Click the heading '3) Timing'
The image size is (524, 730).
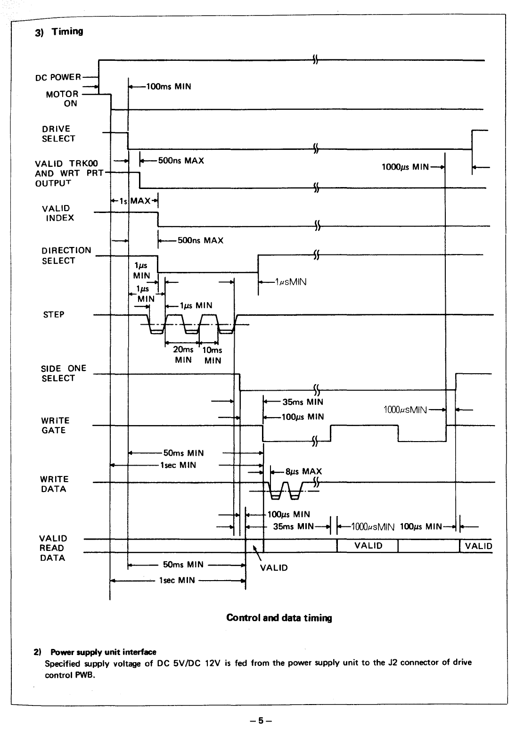tap(59, 32)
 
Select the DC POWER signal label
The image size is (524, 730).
tap(58, 77)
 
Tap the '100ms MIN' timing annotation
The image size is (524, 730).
tap(169, 87)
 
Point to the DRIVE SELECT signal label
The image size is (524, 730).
tap(58, 134)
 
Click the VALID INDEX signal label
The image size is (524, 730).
tap(58, 213)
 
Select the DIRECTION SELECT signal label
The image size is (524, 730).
tap(66, 255)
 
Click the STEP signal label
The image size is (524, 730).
tap(54, 314)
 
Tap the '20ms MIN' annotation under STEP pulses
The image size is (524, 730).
tap(183, 354)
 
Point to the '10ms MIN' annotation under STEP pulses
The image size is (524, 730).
tap(213, 355)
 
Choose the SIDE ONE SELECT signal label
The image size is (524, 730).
tap(64, 373)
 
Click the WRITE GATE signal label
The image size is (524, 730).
tap(55, 425)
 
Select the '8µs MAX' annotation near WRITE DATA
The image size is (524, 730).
tap(303, 472)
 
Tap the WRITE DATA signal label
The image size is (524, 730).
tap(54, 484)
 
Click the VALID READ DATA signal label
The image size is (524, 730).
tap(53, 548)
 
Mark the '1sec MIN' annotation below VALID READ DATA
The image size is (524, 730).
tap(177, 580)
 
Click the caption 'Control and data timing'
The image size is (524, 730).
tap(279, 617)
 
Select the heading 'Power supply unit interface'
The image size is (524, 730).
tap(103, 652)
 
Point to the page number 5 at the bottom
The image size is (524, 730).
tap(261, 720)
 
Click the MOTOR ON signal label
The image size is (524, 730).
tap(62, 99)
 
